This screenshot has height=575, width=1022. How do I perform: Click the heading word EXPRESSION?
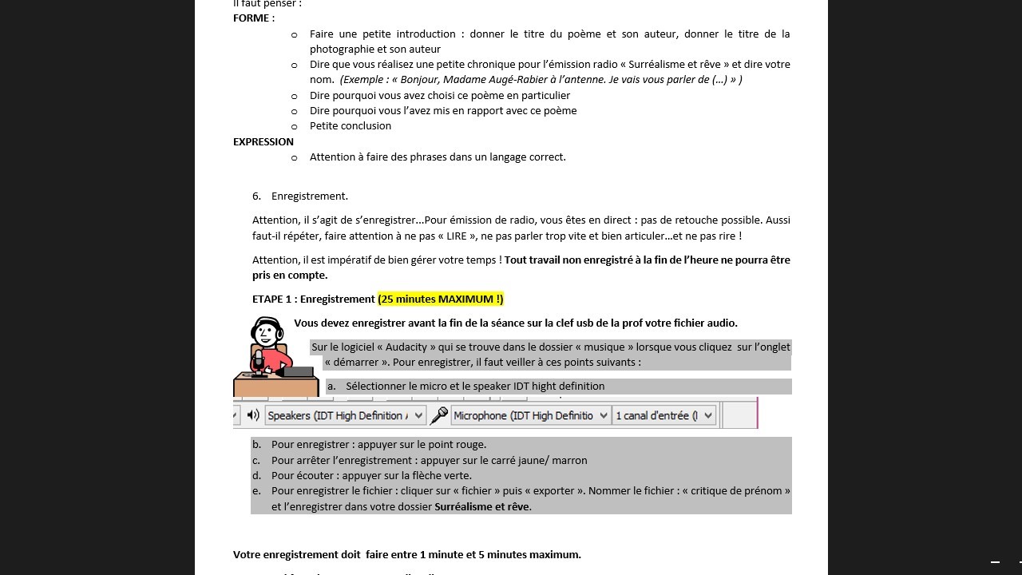pyautogui.click(x=263, y=141)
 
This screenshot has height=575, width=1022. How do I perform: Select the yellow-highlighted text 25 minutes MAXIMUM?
pyautogui.click(x=441, y=299)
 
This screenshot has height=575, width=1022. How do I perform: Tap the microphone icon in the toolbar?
pyautogui.click(x=439, y=415)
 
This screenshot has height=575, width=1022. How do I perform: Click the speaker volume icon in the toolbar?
pyautogui.click(x=253, y=415)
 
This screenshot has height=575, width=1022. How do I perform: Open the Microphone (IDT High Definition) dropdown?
pyautogui.click(x=530, y=415)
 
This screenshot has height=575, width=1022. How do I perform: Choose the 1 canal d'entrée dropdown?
pyautogui.click(x=664, y=415)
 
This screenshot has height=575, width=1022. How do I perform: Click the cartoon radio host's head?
pyautogui.click(x=267, y=331)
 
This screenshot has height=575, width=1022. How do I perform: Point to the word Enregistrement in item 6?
pyautogui.click(x=309, y=196)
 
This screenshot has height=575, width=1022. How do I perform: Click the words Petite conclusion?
pyautogui.click(x=351, y=125)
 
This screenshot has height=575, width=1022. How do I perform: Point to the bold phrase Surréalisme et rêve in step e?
pyautogui.click(x=481, y=506)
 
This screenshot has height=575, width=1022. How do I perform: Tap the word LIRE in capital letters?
pyautogui.click(x=456, y=236)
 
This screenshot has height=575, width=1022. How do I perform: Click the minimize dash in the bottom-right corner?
pyautogui.click(x=995, y=562)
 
